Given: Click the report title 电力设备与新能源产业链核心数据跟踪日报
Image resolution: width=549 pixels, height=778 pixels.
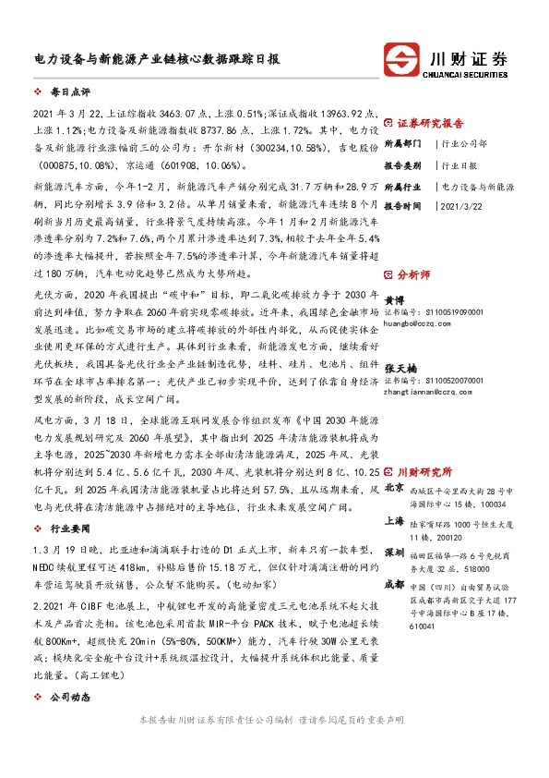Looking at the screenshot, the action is (150, 57).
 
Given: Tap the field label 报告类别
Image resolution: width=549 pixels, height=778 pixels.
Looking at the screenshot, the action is (402, 165).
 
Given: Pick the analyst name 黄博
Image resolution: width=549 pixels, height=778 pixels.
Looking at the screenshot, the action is (394, 301).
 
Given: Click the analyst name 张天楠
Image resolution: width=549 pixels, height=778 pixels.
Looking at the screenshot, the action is (400, 368).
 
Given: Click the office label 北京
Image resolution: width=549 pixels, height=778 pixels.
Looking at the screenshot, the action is (394, 487).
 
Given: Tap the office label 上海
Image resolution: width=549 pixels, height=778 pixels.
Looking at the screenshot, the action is (394, 522).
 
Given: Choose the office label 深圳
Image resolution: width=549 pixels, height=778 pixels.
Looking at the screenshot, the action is (394, 552).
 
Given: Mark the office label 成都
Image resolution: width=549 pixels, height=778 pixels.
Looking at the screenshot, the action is (394, 584).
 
